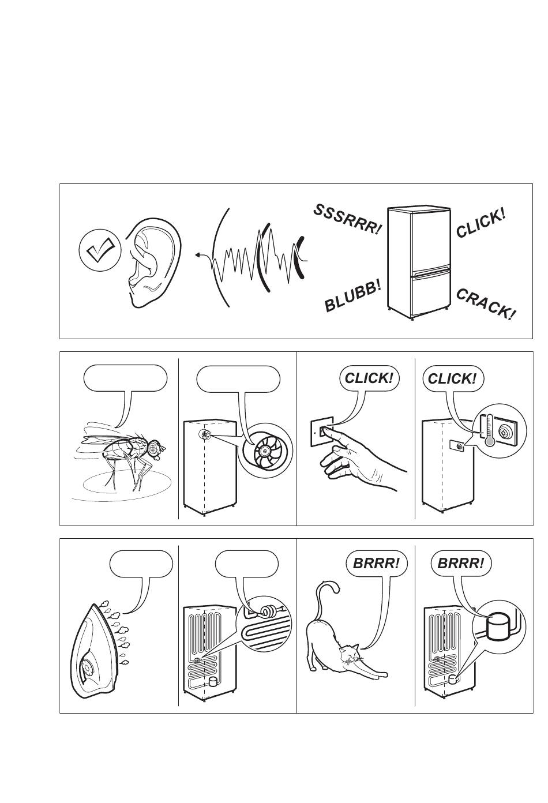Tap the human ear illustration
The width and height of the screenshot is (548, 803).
152,262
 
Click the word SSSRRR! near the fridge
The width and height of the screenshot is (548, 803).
347,220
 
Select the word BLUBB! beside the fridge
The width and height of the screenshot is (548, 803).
352,295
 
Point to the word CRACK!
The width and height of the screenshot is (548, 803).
485,303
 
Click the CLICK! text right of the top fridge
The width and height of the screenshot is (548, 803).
481,223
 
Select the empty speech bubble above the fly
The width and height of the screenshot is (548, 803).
126,378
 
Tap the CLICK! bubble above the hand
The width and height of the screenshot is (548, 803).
369,378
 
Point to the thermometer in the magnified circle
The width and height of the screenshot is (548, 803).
489,430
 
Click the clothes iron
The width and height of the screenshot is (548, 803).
95,649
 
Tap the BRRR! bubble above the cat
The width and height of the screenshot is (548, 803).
376,563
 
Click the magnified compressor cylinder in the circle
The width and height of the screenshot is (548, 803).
497,626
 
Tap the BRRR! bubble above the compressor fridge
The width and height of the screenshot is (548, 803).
460,563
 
